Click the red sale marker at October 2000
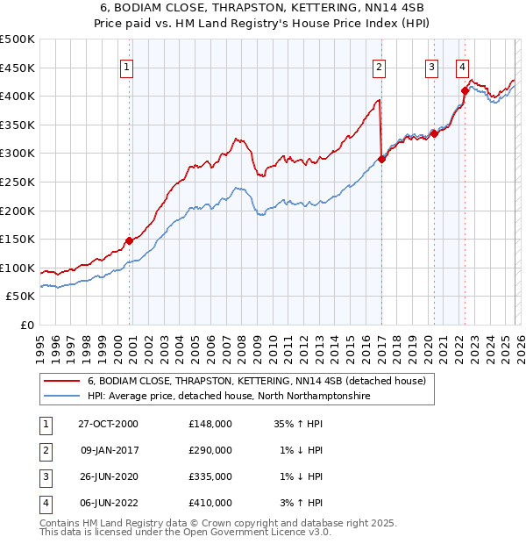pos(130,240)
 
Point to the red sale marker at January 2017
pos(381,159)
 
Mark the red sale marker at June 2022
pos(465,90)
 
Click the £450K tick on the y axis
pos(18,68)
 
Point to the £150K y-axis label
pos(18,239)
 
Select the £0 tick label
pos(26,325)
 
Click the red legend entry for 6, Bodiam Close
pos(256,381)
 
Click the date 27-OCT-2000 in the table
pos(108,423)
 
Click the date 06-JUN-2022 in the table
pos(108,503)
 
